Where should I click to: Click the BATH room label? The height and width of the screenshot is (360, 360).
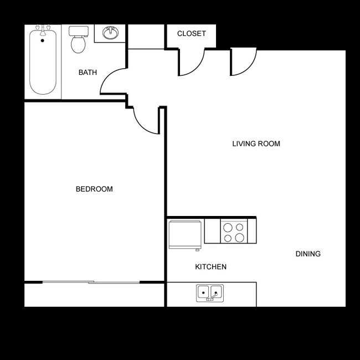click(x=88, y=73)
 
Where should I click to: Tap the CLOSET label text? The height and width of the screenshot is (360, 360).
click(x=191, y=34)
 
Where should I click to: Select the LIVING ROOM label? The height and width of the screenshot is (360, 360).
click(x=256, y=144)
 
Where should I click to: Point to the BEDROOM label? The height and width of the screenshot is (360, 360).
click(x=94, y=189)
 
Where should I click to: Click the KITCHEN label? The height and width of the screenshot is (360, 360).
click(x=210, y=267)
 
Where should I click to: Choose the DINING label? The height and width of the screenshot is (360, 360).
click(x=308, y=254)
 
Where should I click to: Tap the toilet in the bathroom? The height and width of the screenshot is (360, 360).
click(x=78, y=43)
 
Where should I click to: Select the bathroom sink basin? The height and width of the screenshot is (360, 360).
click(x=111, y=34)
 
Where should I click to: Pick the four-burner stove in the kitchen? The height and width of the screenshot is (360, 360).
click(x=233, y=232)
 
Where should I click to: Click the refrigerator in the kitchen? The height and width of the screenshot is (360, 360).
click(x=185, y=234)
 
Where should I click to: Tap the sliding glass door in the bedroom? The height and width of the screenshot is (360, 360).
click(x=91, y=282)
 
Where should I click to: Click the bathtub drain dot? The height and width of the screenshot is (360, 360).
click(x=42, y=40)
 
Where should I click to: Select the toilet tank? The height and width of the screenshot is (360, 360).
click(x=78, y=30)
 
